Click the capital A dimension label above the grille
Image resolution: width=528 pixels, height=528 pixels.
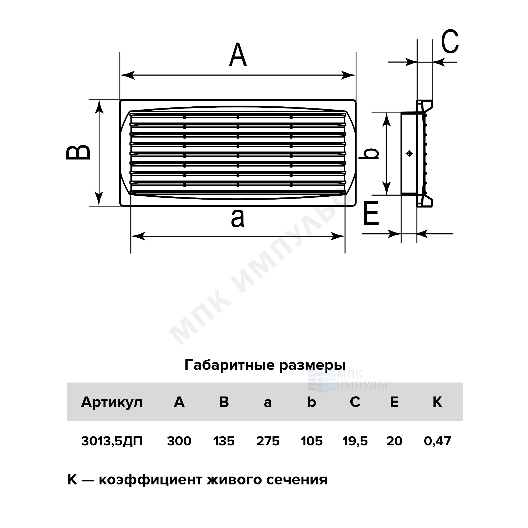[x=238, y=55]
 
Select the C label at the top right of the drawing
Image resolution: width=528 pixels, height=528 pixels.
[x=450, y=41]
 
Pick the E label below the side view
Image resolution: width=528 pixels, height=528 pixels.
[x=371, y=213]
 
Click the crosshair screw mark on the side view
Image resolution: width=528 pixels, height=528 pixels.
[x=409, y=153]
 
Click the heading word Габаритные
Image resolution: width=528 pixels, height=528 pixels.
[x=230, y=365]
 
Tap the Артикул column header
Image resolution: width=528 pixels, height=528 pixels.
[x=112, y=402]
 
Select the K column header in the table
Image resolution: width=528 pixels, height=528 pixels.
[x=437, y=402]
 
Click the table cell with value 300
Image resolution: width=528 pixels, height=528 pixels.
[x=179, y=441]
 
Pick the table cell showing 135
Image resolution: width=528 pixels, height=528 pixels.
[x=224, y=441]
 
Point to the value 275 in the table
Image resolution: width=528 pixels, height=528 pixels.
[x=268, y=441]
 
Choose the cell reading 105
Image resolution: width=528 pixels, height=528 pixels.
[x=312, y=441]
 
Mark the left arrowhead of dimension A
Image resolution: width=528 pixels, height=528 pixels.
[x=127, y=75]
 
